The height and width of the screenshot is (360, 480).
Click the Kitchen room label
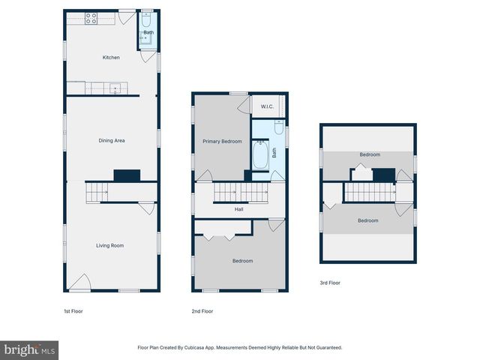click(x=111, y=58)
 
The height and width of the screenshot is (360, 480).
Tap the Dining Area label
click(x=112, y=140)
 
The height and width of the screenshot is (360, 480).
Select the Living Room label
click(x=109, y=245)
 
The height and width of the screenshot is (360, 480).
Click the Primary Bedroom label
click(x=222, y=141)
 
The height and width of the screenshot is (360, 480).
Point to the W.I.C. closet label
click(x=267, y=107)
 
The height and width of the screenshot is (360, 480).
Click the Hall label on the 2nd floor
click(x=238, y=209)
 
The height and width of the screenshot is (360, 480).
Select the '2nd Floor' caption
click(x=202, y=310)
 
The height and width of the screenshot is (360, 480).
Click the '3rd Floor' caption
click(x=330, y=283)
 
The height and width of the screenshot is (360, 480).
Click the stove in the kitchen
click(x=91, y=19)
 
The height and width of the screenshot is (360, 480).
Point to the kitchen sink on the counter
click(x=115, y=88)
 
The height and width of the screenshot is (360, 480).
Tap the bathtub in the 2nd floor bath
click(x=260, y=155)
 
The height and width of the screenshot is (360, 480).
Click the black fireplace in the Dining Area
click(x=127, y=175)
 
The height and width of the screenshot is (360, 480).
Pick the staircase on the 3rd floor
click(x=368, y=193)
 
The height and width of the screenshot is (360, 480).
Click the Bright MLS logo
click(x=29, y=349)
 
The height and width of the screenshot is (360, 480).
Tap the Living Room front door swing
click(x=80, y=283)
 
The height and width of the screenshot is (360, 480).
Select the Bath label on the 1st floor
click(x=148, y=33)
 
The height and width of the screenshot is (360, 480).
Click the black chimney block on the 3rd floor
click(x=384, y=175)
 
